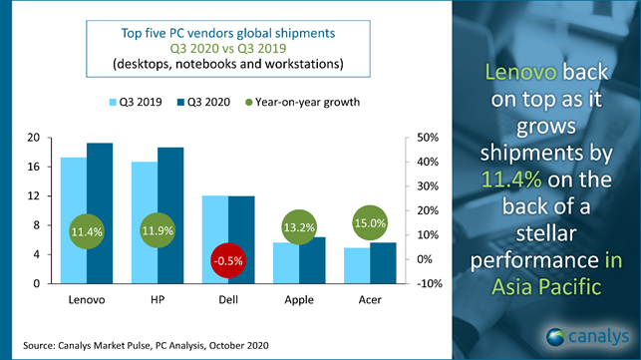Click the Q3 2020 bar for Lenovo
coord(100,189)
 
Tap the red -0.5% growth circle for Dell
coord(228,260)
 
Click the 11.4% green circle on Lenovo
coord(87,231)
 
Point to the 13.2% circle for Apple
coord(299,227)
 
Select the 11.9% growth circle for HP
coord(158,231)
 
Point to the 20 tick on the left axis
coord(33,138)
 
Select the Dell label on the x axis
coord(228,298)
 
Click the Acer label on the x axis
coord(369,298)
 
